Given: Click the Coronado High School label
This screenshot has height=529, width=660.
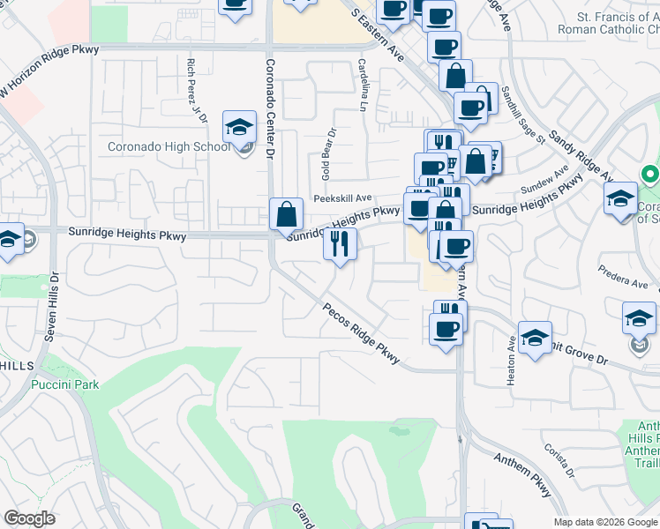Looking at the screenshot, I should click(x=169, y=146).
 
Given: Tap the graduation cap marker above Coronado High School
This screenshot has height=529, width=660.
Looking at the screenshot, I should click(x=239, y=129).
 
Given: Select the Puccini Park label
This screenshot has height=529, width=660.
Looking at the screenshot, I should click(x=64, y=384).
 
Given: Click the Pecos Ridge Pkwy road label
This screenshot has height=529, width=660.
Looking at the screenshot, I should click(x=362, y=334).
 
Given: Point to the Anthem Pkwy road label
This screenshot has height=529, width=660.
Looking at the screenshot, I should click(x=521, y=472).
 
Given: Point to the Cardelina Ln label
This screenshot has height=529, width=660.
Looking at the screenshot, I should click(x=363, y=85).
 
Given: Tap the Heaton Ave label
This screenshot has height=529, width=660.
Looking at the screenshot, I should click(x=512, y=358).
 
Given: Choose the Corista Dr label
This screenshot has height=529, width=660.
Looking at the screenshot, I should click(x=560, y=461).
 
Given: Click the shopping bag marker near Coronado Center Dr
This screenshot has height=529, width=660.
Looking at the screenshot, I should click(x=287, y=214).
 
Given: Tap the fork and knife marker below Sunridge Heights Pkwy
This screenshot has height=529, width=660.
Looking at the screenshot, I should click(x=340, y=244).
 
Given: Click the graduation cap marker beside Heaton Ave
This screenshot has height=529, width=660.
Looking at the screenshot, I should click(x=535, y=338).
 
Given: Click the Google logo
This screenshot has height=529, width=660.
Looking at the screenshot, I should click(x=30, y=518).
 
